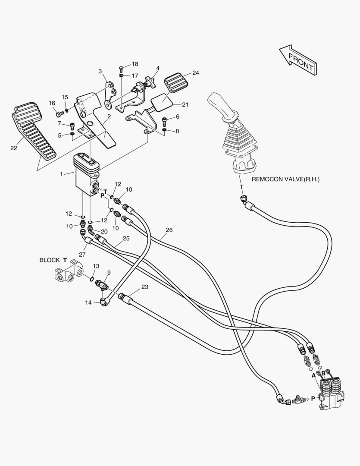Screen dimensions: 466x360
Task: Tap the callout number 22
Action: click(x=13, y=148)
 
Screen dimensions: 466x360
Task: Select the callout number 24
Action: click(x=195, y=73)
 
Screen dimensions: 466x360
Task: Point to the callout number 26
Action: click(x=169, y=230)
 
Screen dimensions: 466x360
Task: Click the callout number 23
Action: click(x=144, y=287)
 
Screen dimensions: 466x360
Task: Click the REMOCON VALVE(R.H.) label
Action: click(x=285, y=179)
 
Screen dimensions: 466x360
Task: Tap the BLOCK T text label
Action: click(x=53, y=260)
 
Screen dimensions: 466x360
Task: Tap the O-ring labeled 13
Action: click(x=91, y=279)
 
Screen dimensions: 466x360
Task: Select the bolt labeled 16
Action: click(x=59, y=114)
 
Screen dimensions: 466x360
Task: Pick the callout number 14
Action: click(x=88, y=302)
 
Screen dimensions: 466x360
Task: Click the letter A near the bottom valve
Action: click(x=314, y=375)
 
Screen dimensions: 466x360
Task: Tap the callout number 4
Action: click(x=158, y=68)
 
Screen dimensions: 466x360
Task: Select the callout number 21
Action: click(x=185, y=104)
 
